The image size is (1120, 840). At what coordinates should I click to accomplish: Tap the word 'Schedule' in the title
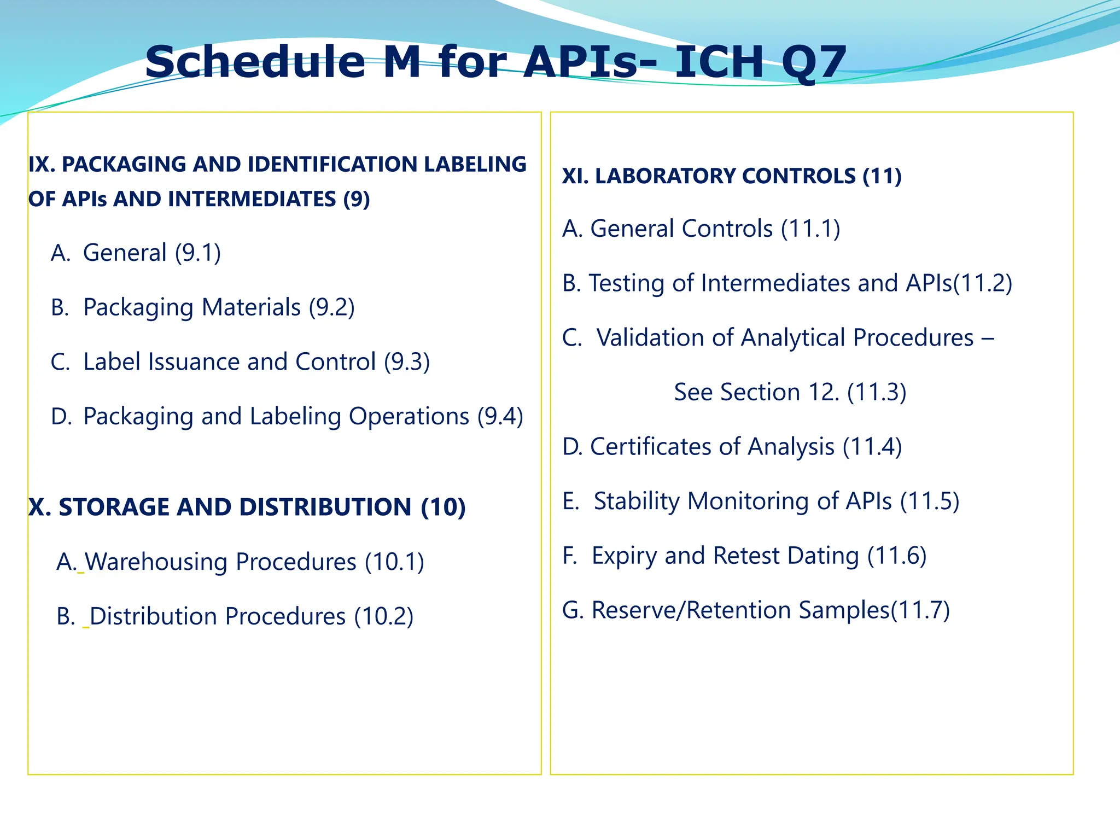click(255, 62)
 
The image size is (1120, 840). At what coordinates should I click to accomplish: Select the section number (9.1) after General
click(198, 253)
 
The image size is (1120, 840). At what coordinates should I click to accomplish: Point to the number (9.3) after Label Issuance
click(407, 362)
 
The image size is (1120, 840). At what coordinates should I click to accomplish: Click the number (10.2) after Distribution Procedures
click(383, 617)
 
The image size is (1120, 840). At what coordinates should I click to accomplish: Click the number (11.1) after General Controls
click(810, 229)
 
